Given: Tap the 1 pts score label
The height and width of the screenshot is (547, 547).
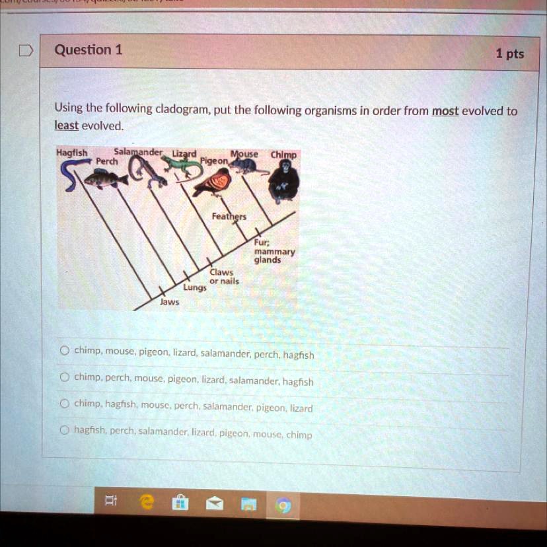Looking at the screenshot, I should (509, 54).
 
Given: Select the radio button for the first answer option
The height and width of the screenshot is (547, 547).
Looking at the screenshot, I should (65, 351).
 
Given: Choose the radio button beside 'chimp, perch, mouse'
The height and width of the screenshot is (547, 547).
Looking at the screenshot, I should (65, 377).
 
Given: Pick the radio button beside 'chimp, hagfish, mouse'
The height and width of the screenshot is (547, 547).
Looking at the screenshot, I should (65, 404).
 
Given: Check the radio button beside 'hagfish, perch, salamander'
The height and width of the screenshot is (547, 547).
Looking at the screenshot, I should (65, 430).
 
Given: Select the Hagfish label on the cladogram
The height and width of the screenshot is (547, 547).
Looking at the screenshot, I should (71, 153).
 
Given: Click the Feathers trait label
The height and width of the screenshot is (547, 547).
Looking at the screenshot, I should (229, 217).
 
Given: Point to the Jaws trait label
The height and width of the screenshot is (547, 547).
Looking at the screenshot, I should (168, 301).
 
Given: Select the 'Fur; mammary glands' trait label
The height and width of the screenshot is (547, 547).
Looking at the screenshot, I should (270, 251).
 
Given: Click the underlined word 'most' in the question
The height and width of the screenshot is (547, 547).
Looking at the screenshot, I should (445, 111).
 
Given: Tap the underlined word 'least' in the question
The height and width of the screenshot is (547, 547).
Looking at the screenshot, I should (66, 126).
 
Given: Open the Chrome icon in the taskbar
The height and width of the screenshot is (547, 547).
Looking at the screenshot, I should (283, 506).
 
